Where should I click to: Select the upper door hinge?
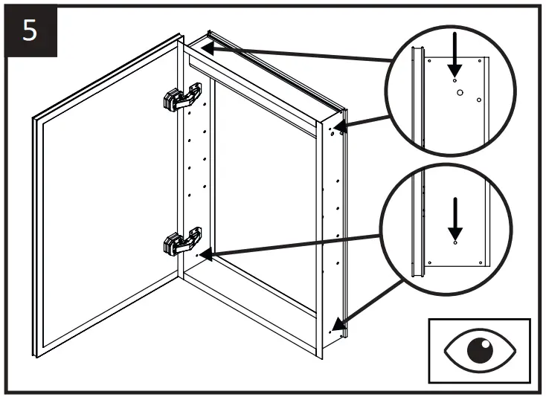tap(181, 97)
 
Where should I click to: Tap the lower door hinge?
tap(181, 242)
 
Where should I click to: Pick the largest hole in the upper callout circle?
tap(460, 93)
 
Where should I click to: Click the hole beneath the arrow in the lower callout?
tap(455, 242)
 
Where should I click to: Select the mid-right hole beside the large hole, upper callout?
tap(478, 99)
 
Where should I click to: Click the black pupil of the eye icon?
tap(479, 349)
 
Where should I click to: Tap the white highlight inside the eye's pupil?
tap(484, 344)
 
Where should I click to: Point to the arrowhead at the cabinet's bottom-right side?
tap(338, 324)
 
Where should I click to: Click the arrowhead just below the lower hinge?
tap(206, 255)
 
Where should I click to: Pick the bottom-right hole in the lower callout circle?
tap(481, 262)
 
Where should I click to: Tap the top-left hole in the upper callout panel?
tap(429, 62)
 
